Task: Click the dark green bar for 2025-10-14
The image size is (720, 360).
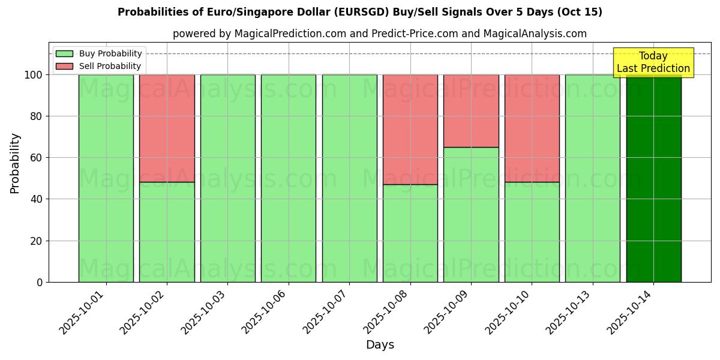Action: tap(653, 180)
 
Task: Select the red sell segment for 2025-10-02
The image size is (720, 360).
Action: tap(167, 128)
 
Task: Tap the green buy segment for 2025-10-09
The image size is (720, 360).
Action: tap(471, 214)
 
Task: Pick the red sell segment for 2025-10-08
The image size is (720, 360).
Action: tap(410, 129)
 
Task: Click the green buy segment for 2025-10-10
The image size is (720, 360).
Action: tap(532, 232)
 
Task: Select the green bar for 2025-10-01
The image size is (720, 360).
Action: tap(106, 178)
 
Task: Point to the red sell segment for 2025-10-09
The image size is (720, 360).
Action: tap(471, 110)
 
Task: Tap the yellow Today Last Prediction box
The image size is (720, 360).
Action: tap(653, 62)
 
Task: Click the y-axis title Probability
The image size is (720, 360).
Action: tap(15, 163)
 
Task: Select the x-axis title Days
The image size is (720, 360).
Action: tap(380, 345)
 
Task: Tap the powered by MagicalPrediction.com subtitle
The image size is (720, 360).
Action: tap(379, 34)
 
